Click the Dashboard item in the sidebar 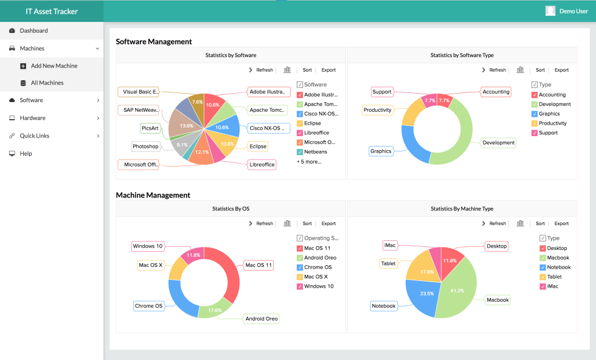tap(33, 30)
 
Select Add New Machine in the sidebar tap(54, 66)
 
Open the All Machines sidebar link tap(47, 83)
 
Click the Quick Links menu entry tap(34, 136)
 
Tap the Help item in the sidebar tap(26, 153)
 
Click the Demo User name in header tap(573, 11)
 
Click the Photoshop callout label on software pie tap(145, 147)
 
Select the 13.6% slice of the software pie tap(182, 125)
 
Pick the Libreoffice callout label tap(262, 164)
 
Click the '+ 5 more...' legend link tap(309, 162)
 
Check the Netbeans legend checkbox tap(300, 152)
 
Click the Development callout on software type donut tap(498, 143)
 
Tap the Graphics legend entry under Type tap(549, 114)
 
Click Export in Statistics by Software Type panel tap(561, 70)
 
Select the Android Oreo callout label tap(262, 319)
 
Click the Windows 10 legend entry tap(318, 286)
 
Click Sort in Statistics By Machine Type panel tap(540, 223)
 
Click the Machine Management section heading tap(153, 195)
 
